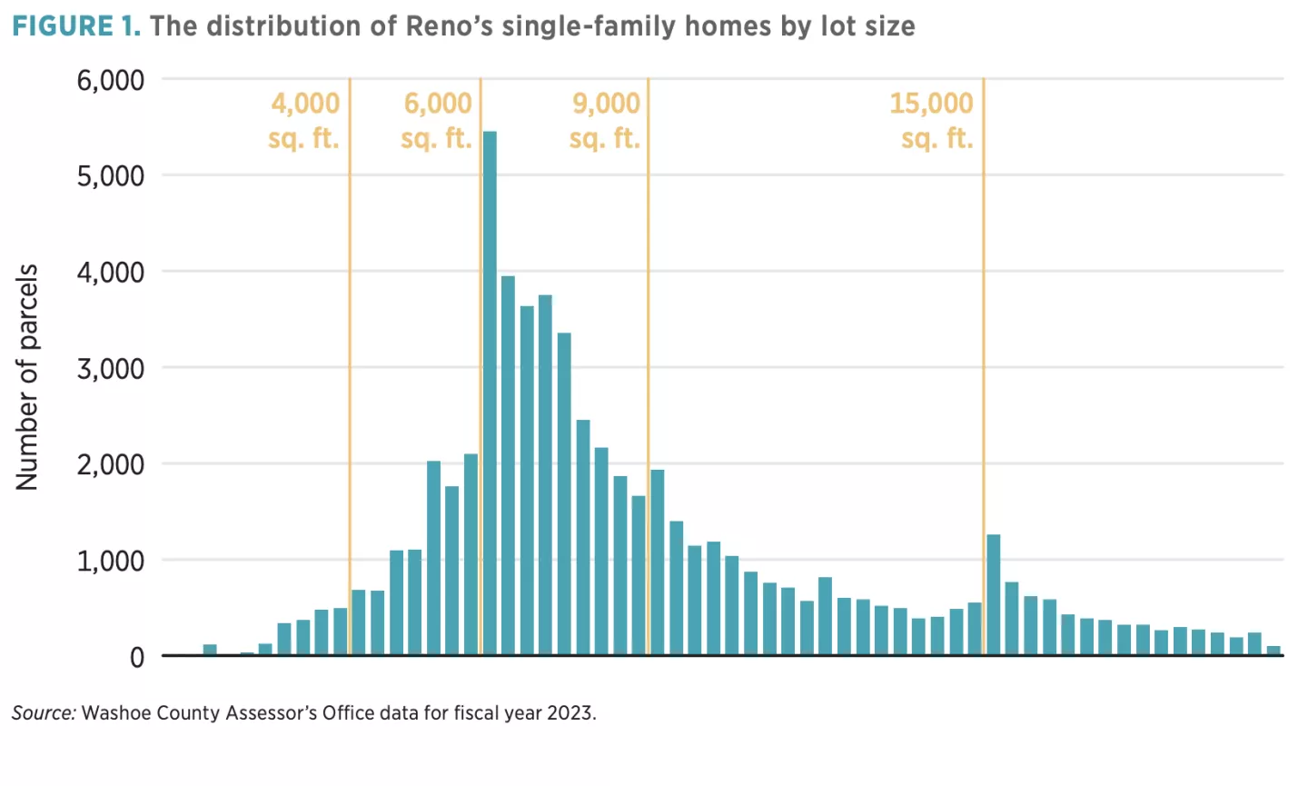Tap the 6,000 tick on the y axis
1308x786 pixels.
tap(111, 80)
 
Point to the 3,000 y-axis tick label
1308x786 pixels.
tap(111, 368)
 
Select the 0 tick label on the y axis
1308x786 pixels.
tap(137, 657)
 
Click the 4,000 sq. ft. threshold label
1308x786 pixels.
tap(304, 120)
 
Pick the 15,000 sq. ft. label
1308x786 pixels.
tap(931, 120)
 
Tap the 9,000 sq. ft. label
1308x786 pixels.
tap(605, 120)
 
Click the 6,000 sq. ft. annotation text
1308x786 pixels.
tap(437, 120)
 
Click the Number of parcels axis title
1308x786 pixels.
tap(27, 377)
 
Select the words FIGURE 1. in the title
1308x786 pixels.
tap(76, 25)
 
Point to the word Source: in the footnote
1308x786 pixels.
tap(44, 713)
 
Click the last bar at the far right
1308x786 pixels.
tap(1273, 651)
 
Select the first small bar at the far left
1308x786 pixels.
tap(210, 650)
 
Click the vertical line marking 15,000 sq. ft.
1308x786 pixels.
tap(983, 363)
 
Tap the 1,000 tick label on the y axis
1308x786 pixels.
tap(111, 561)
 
